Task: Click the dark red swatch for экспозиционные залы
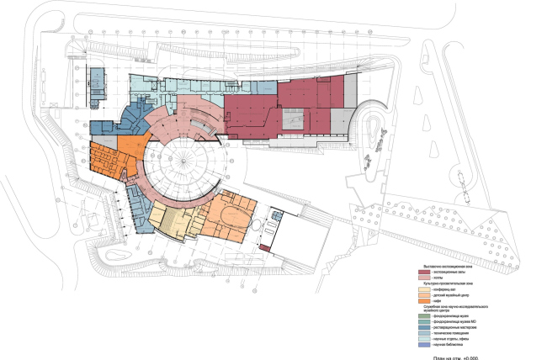click(424, 272)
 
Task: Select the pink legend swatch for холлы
click(424, 278)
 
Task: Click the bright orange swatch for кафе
click(424, 301)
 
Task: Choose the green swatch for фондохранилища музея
click(424, 316)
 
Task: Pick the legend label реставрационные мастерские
click(455, 327)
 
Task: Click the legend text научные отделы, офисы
click(451, 339)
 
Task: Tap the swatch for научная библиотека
click(424, 345)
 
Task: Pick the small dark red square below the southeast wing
click(264, 248)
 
